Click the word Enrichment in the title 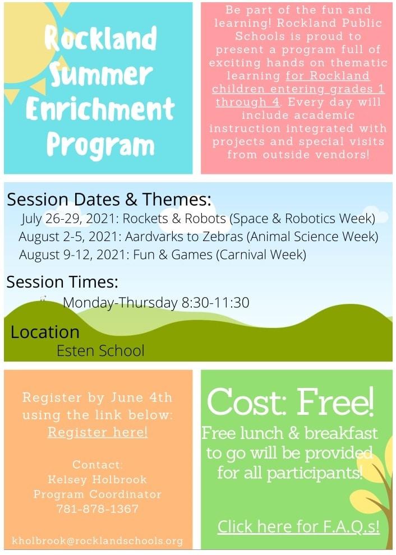(100, 109)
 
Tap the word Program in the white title (100, 145)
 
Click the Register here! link (98, 432)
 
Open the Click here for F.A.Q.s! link (298, 526)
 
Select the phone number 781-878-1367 (98, 508)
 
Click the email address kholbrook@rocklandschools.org (98, 540)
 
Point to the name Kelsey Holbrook (98, 479)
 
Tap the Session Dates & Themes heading (109, 199)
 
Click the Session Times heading (62, 282)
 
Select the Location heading (45, 332)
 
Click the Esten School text (100, 350)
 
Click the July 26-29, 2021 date (69, 219)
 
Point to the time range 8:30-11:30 (215, 303)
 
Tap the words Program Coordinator (98, 494)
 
